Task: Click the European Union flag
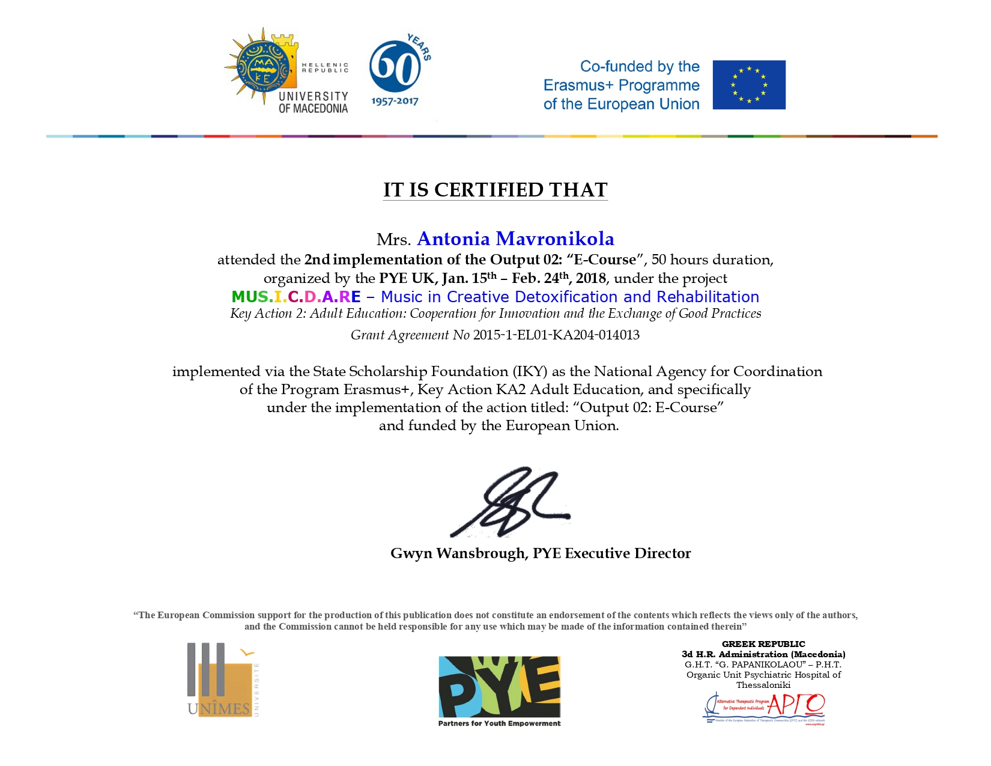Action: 748,85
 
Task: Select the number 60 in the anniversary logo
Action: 394,67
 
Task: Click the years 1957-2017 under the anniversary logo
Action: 395,101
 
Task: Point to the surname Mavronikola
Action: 555,239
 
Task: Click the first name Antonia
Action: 453,239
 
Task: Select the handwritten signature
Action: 510,502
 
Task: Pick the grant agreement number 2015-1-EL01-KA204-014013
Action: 556,335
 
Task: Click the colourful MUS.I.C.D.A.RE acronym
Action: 296,297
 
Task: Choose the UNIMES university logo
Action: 220,681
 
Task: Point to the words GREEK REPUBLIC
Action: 763,644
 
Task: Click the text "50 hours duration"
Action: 712,260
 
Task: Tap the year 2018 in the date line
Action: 590,278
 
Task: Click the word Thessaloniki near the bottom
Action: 763,685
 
